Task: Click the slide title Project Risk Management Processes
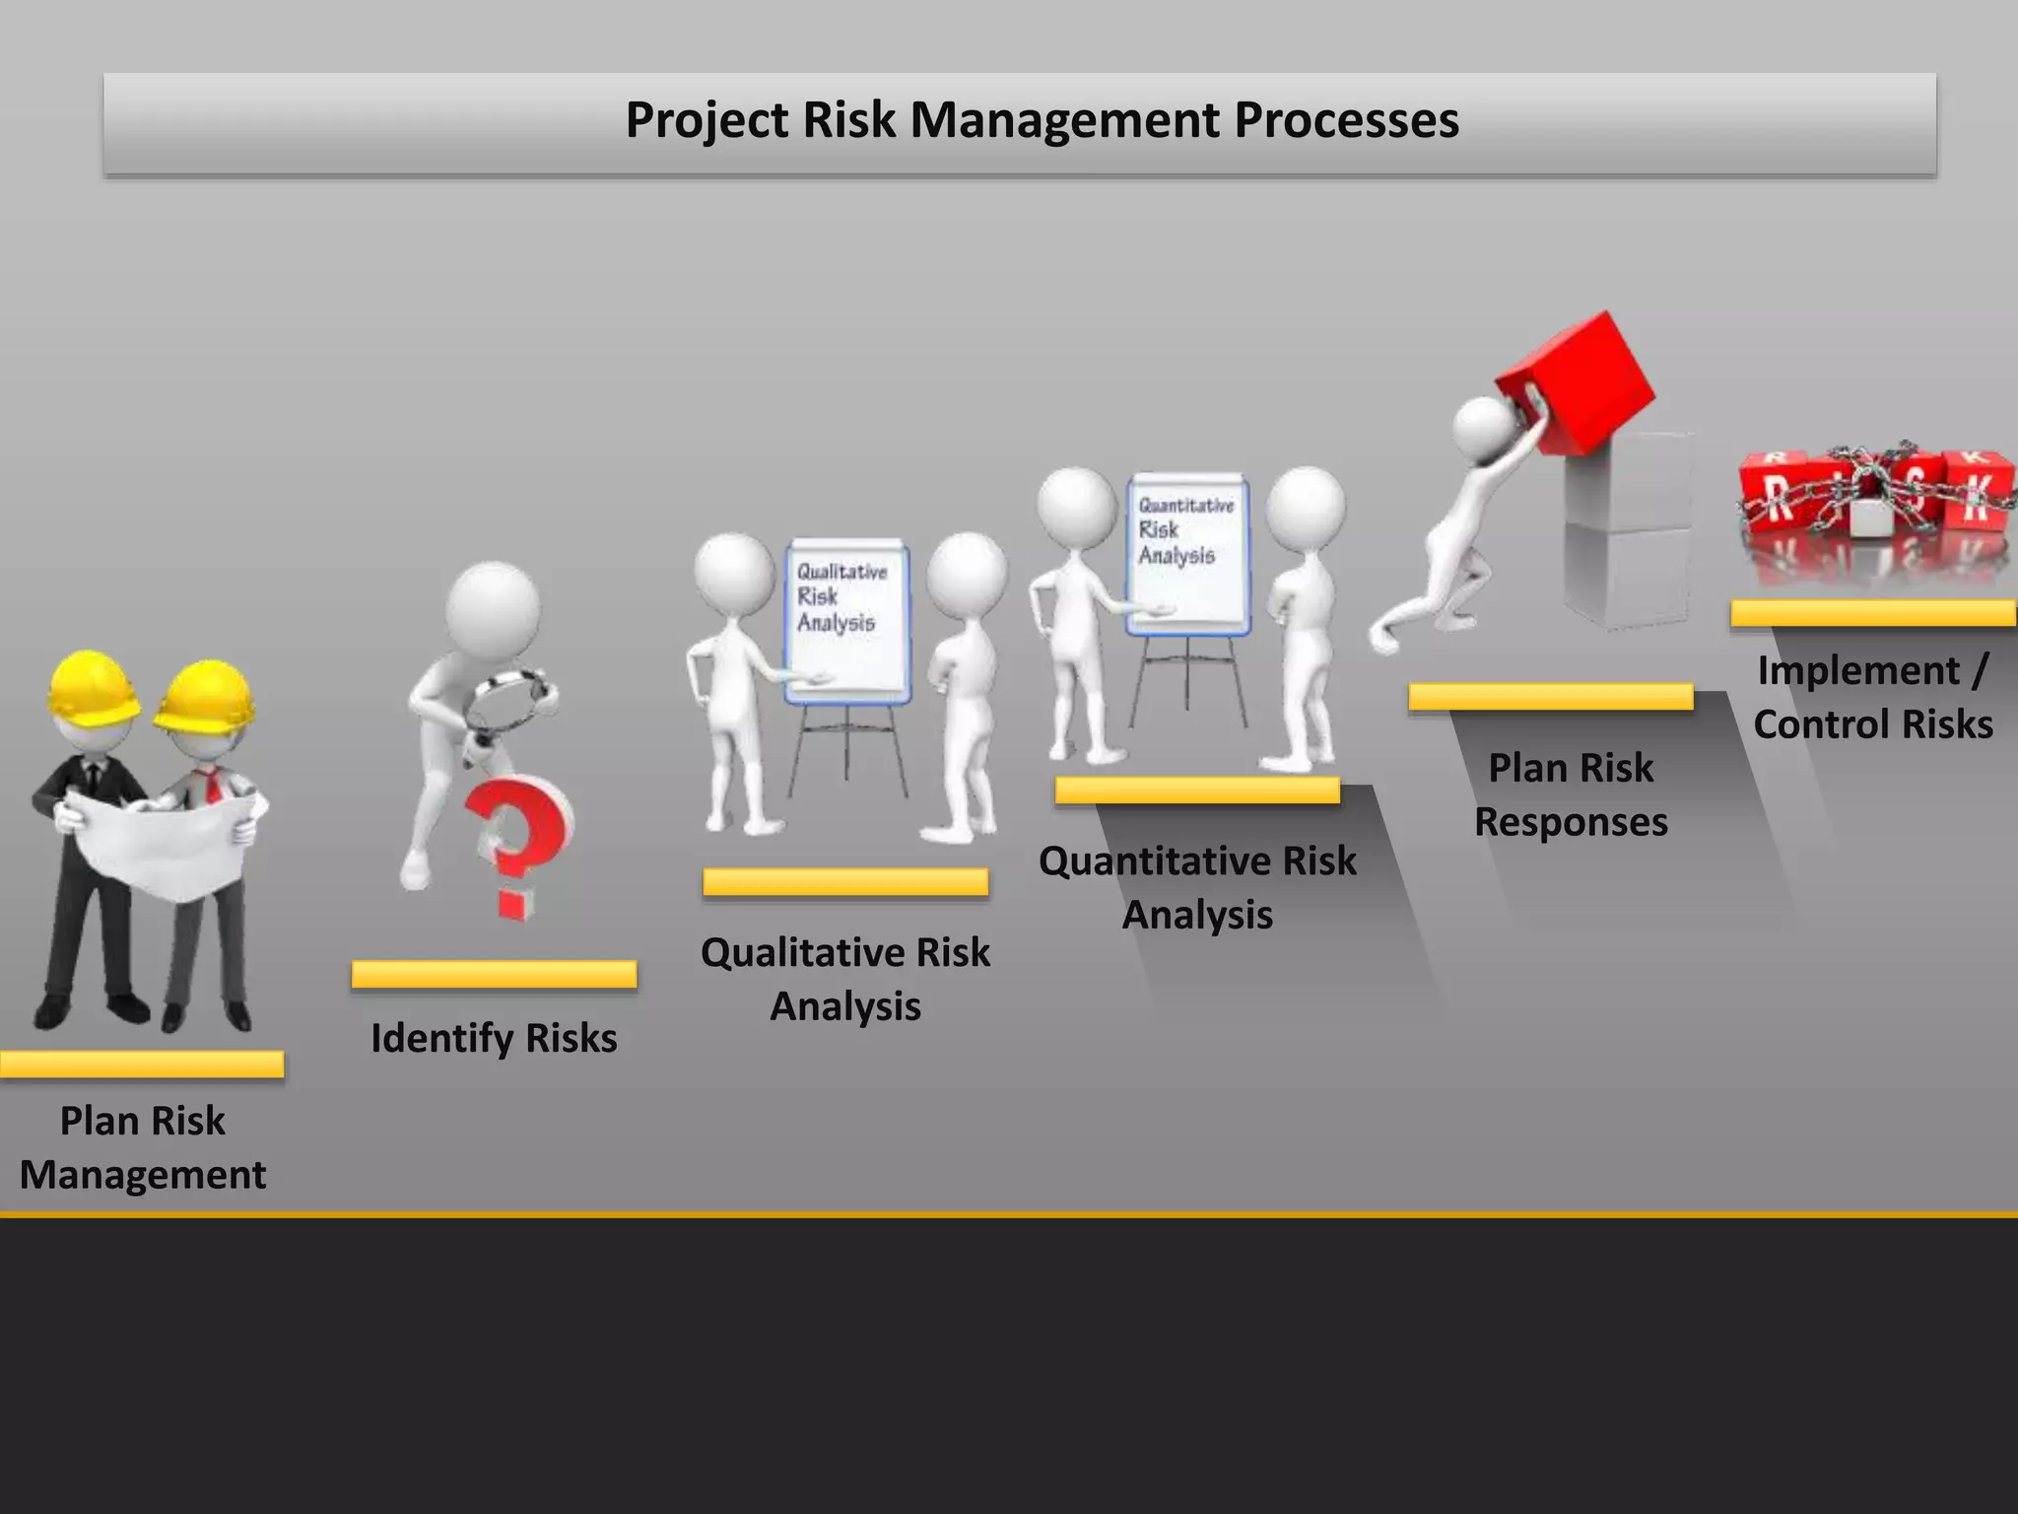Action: tap(1042, 120)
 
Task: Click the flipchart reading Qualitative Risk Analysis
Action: tap(846, 621)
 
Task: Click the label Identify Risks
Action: tap(494, 1038)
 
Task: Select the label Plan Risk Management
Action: tap(143, 1147)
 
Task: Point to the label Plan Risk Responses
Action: tap(1571, 794)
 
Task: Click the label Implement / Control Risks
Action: tap(1873, 697)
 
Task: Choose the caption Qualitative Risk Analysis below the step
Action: tap(845, 979)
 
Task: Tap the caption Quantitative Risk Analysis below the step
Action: tap(1197, 887)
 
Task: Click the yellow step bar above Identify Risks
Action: tap(494, 974)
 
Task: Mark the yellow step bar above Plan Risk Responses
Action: tap(1550, 697)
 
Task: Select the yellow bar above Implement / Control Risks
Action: tap(1873, 613)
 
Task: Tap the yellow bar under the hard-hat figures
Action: tap(142, 1064)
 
